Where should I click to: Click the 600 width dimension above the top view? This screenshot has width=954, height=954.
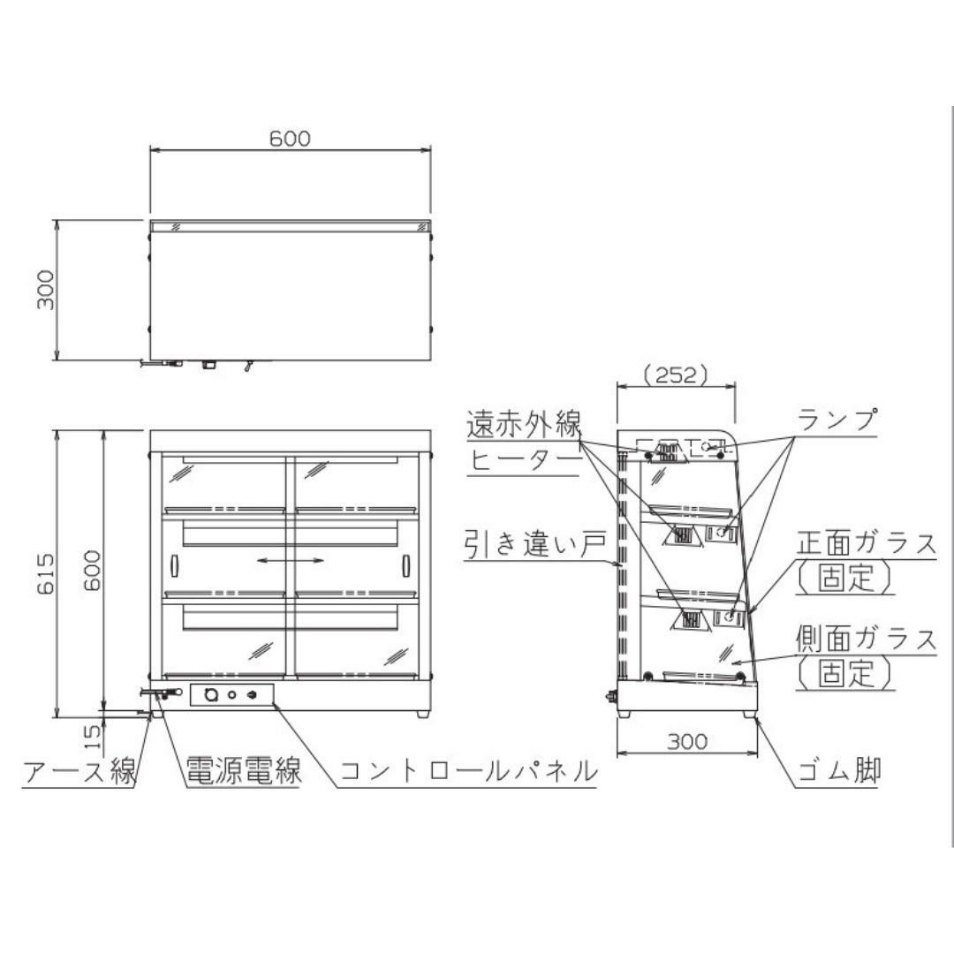click(290, 139)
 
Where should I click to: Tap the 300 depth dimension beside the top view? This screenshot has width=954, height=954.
click(46, 291)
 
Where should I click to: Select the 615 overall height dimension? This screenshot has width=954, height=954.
click(46, 573)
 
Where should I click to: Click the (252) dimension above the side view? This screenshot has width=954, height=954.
click(676, 375)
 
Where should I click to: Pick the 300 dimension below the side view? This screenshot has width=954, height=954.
click(687, 741)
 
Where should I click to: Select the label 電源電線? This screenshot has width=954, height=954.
click(243, 770)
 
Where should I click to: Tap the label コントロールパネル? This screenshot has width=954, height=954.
click(468, 771)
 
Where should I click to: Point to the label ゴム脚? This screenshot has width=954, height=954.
click(838, 770)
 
